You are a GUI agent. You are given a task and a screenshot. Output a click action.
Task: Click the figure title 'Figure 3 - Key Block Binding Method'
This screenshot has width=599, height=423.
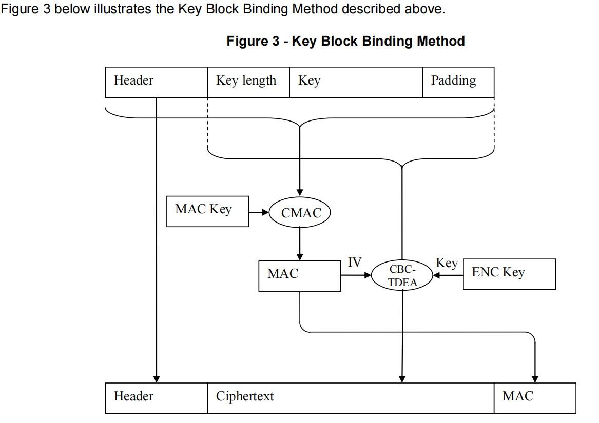point(345,42)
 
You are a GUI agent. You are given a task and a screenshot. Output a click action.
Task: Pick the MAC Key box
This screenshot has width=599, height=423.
point(207,211)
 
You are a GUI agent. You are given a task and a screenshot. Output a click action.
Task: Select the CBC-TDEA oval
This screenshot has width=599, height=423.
point(402,275)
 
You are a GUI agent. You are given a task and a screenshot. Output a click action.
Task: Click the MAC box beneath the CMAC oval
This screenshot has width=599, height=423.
point(299,275)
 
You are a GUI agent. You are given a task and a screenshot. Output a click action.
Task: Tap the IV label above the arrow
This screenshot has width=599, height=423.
point(355,263)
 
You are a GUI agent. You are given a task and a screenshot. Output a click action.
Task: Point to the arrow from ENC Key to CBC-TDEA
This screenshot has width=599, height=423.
point(448,275)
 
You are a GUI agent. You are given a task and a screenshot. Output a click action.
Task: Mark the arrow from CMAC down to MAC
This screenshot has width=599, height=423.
point(300,244)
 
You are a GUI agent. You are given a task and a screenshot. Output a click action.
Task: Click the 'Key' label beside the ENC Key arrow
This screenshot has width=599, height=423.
point(447,263)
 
